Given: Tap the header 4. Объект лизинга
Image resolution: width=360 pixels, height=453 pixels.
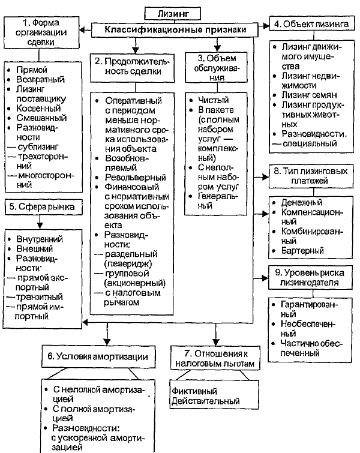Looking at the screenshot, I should [310, 25].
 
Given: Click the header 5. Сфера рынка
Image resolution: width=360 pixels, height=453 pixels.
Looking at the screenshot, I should [42, 208].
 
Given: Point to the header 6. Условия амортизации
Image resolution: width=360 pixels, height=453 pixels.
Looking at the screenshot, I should [103, 356].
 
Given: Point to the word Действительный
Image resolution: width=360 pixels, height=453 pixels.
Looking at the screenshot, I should [205, 401].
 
